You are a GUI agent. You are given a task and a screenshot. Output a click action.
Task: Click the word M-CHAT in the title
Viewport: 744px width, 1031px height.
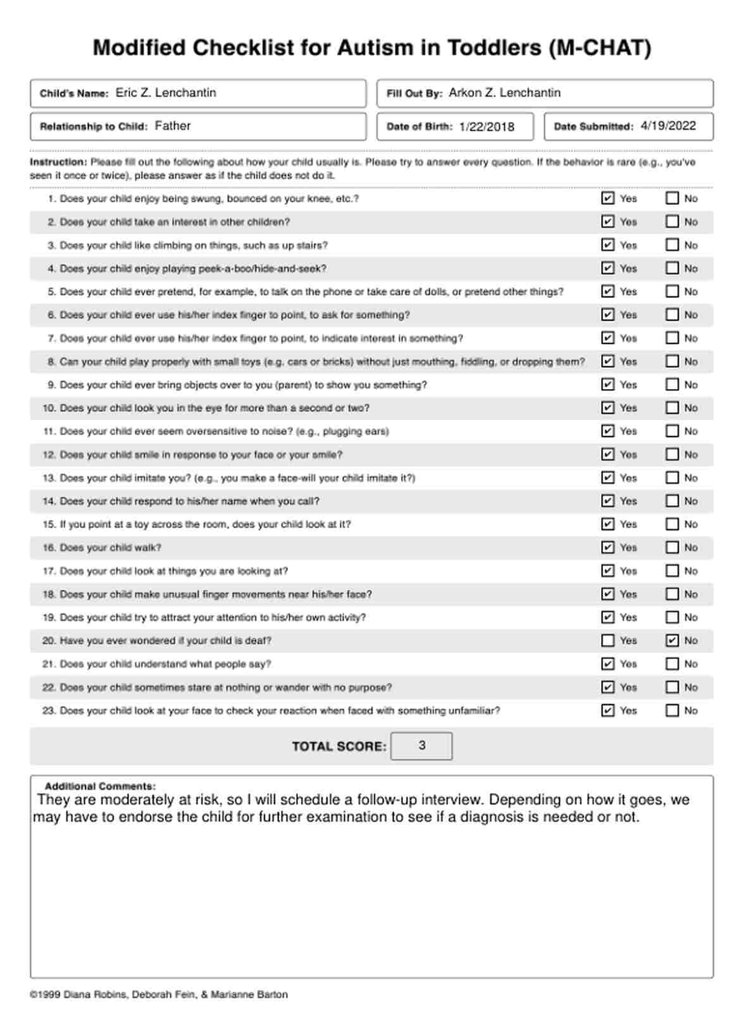pyautogui.click(x=600, y=48)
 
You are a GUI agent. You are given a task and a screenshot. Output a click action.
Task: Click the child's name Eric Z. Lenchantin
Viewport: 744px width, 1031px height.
pyautogui.click(x=166, y=93)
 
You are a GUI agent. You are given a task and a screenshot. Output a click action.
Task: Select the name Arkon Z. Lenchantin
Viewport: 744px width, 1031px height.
pyautogui.click(x=504, y=93)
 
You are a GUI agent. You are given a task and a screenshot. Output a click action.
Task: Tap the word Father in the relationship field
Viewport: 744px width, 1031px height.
pyautogui.click(x=173, y=126)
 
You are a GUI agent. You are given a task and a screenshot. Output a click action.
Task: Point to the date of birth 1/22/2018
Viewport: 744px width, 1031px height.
pyautogui.click(x=487, y=127)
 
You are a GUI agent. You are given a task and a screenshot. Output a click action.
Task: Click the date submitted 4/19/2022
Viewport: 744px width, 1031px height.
pyautogui.click(x=668, y=126)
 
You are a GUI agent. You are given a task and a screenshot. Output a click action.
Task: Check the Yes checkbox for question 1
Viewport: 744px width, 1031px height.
pyautogui.click(x=608, y=199)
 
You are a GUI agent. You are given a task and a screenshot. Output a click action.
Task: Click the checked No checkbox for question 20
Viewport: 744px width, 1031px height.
pyautogui.click(x=672, y=641)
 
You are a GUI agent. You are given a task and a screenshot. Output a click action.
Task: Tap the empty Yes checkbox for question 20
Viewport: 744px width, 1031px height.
pyautogui.click(x=608, y=641)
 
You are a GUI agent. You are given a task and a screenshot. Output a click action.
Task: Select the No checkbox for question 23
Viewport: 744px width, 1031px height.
pyautogui.click(x=672, y=711)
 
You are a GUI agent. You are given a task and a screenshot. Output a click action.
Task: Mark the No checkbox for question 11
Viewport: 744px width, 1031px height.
pyautogui.click(x=672, y=431)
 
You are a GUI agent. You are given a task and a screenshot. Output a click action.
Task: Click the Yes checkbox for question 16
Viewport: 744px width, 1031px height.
pyautogui.click(x=608, y=548)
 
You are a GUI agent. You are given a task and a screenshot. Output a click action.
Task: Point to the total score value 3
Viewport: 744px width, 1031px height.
pyautogui.click(x=422, y=746)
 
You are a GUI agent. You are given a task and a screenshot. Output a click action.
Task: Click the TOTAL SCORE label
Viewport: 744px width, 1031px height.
pyautogui.click(x=339, y=746)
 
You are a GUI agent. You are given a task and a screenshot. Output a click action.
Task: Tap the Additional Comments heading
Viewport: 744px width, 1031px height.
pyautogui.click(x=100, y=786)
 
